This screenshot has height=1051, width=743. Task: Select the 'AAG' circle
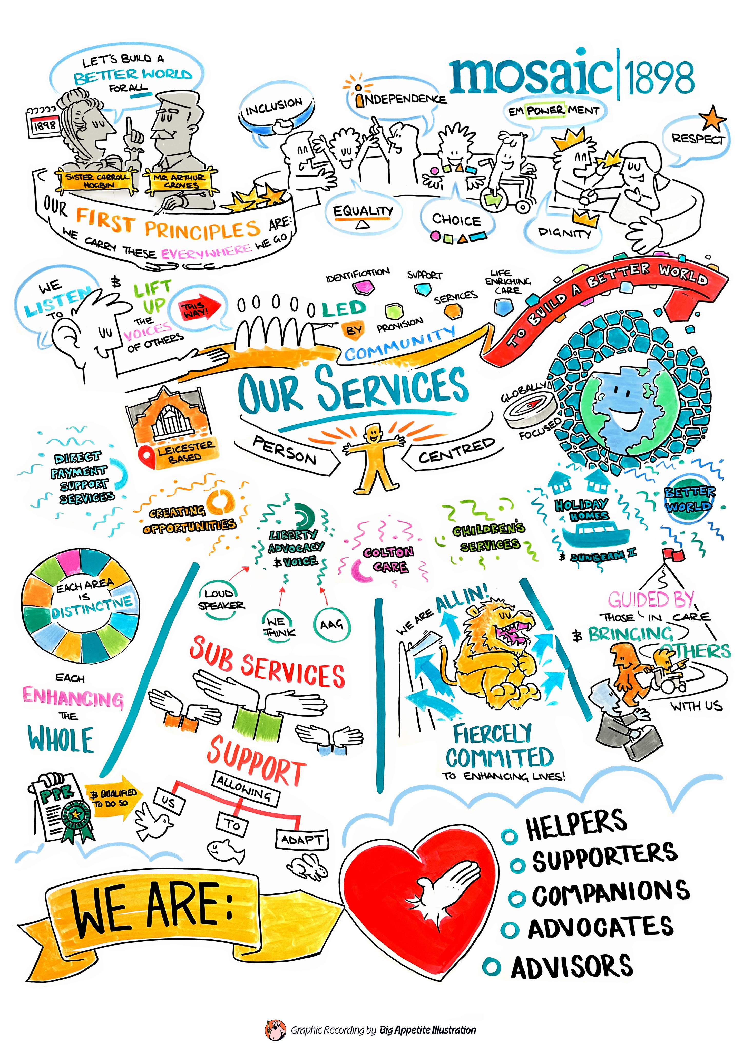(x=332, y=624)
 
